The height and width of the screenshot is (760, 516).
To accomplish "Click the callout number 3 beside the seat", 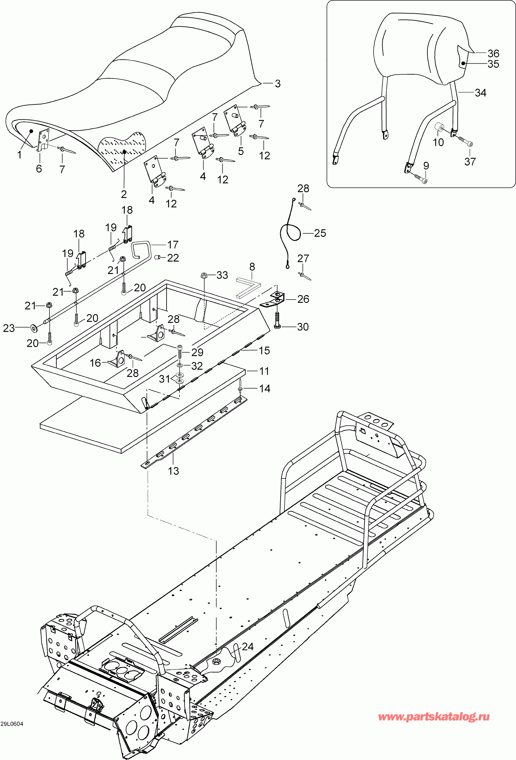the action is [278, 84].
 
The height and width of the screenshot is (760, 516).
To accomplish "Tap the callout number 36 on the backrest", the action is [493, 53].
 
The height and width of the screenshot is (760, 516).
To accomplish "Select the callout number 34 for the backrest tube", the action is [480, 93].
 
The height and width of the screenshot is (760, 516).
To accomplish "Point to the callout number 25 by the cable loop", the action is [320, 233].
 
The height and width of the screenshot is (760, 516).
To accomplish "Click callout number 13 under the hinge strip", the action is [173, 471].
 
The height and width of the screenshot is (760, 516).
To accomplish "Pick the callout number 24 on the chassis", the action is [248, 646].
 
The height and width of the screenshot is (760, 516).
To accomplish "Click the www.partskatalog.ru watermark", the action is [434, 717].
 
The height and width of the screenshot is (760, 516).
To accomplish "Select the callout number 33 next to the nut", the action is [222, 275].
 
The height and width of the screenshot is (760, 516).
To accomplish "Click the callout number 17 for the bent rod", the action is [173, 245].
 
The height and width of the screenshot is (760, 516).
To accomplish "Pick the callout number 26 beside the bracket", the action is [303, 299].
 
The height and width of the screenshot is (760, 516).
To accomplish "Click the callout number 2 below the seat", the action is [124, 194].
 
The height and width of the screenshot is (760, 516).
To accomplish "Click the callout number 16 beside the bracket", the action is [95, 363].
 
